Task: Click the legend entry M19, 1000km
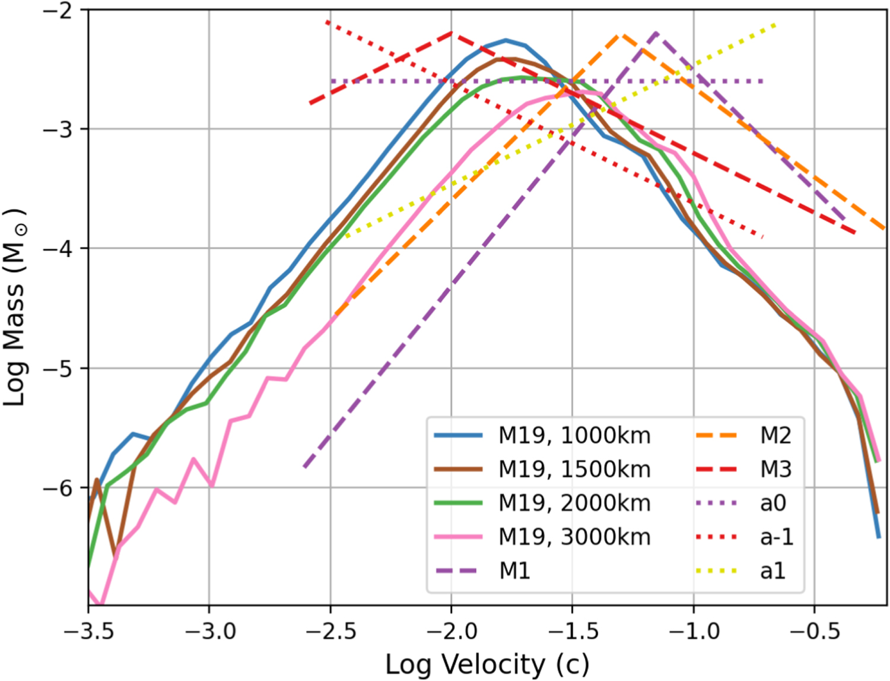[574, 436]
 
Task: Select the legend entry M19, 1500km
[574, 470]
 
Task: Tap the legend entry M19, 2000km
[574, 503]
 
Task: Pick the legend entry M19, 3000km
[574, 537]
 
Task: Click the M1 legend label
[514, 571]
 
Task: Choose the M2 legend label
[775, 436]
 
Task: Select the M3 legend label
[775, 470]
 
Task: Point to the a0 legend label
[773, 503]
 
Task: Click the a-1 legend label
[777, 537]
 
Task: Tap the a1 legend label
[773, 571]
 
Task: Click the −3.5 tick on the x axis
[88, 631]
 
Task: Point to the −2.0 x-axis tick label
[452, 631]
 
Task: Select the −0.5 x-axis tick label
[815, 631]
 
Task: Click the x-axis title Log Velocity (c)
[487, 664]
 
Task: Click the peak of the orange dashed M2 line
[621, 35]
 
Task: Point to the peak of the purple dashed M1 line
[656, 33]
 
